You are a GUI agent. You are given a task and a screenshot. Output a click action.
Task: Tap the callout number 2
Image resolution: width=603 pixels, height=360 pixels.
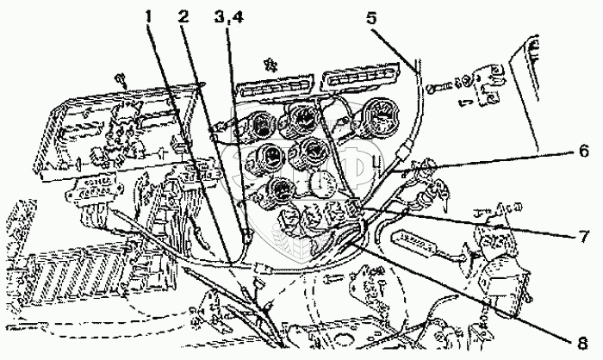point(183,16)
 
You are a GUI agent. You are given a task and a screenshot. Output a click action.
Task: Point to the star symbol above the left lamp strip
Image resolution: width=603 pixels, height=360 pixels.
point(270,63)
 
